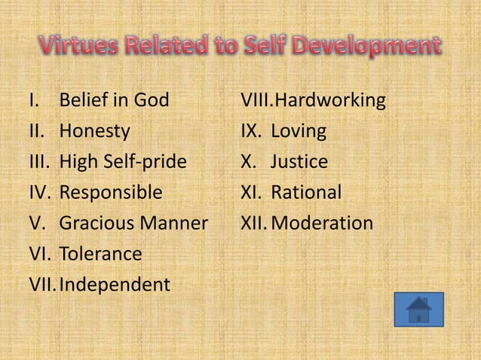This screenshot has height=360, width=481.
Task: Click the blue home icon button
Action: click(x=418, y=310)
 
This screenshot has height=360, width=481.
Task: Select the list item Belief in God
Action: click(x=114, y=100)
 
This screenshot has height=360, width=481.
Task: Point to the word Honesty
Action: click(x=94, y=131)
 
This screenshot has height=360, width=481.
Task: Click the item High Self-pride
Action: click(x=123, y=162)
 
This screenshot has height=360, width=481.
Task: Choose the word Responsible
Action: click(x=110, y=193)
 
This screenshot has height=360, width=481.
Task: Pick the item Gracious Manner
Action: click(x=133, y=224)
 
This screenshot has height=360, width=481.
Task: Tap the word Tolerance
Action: click(x=100, y=255)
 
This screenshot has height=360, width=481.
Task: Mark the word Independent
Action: click(x=115, y=285)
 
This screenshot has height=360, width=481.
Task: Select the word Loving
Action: click(x=299, y=131)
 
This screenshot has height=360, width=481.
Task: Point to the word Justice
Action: click(x=299, y=162)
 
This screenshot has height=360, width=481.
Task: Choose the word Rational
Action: click(x=306, y=193)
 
